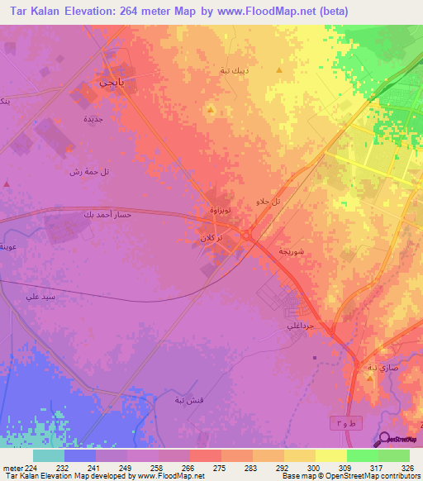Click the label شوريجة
tap(295, 250)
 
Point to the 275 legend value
tap(221, 469)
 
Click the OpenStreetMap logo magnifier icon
tap(385, 439)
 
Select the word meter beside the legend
tap(12, 469)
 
